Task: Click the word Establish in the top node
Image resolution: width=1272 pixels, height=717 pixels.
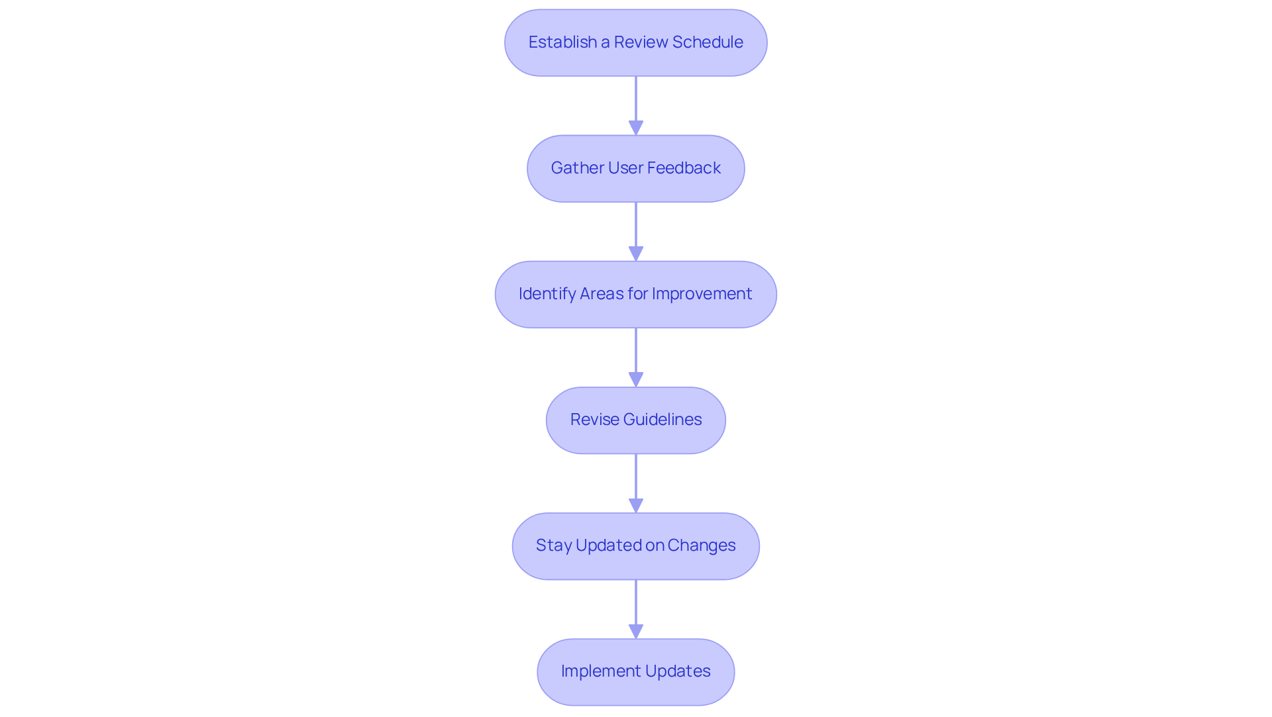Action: pos(562,42)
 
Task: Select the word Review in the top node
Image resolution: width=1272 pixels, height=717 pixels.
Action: pos(640,42)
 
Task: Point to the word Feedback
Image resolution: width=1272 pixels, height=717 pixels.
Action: pos(684,168)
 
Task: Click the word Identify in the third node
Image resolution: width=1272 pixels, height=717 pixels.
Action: pos(547,294)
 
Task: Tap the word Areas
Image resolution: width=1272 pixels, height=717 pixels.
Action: pos(602,294)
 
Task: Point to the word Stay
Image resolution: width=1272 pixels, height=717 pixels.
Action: pos(553,546)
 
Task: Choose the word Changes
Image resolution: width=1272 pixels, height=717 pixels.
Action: pos(702,546)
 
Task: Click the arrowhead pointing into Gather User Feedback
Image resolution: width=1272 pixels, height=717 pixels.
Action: pos(636,128)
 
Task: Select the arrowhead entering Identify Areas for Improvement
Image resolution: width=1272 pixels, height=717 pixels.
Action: pos(636,254)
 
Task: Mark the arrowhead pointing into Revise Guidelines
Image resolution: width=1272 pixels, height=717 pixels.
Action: pos(636,379)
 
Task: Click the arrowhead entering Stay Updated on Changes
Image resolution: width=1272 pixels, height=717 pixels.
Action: pos(636,505)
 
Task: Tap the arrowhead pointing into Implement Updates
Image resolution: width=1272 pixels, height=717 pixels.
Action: pos(636,631)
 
